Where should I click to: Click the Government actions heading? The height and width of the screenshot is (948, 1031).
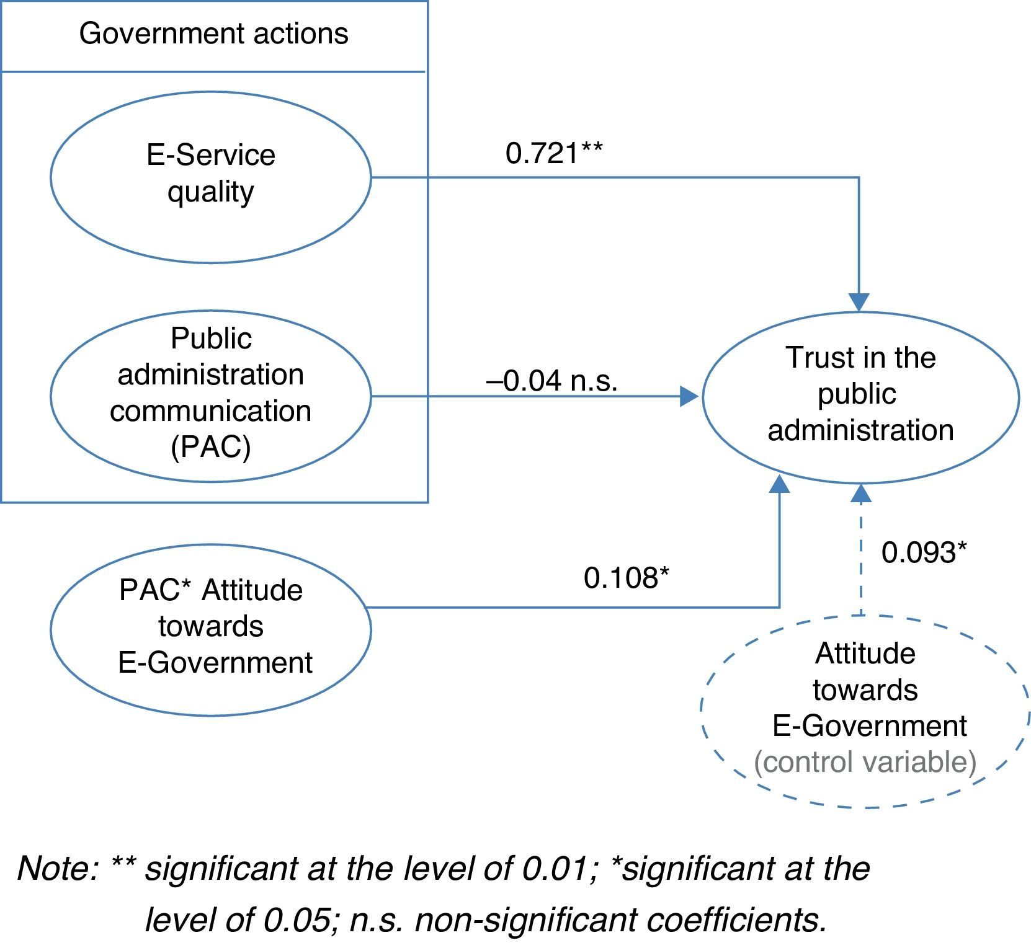coord(213,33)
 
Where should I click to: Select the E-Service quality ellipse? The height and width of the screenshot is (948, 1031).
coord(210,177)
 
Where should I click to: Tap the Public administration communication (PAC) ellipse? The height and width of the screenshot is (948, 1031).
coord(210,396)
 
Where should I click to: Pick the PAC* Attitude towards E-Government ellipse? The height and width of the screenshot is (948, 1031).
coord(210,629)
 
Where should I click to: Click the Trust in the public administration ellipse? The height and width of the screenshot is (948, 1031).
coord(860,397)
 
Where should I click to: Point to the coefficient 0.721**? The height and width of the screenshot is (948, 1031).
coord(553,153)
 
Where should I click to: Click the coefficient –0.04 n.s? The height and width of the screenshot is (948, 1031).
coord(551,381)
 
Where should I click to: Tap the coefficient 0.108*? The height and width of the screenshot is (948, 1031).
coord(626,578)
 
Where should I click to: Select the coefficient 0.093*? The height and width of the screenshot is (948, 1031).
coord(924,552)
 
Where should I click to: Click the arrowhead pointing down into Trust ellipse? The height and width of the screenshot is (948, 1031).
coord(859,302)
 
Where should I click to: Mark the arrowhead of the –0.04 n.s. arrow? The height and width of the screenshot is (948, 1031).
coord(689,396)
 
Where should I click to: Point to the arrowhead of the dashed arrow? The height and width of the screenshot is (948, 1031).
coord(860,492)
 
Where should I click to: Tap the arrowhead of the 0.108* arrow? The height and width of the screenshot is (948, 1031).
coord(779,484)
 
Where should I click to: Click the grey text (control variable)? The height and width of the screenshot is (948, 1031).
coord(865,761)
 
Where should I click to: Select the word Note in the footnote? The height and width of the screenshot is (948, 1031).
coord(56,868)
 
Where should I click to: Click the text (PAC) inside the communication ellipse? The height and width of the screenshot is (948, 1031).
coord(210,446)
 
